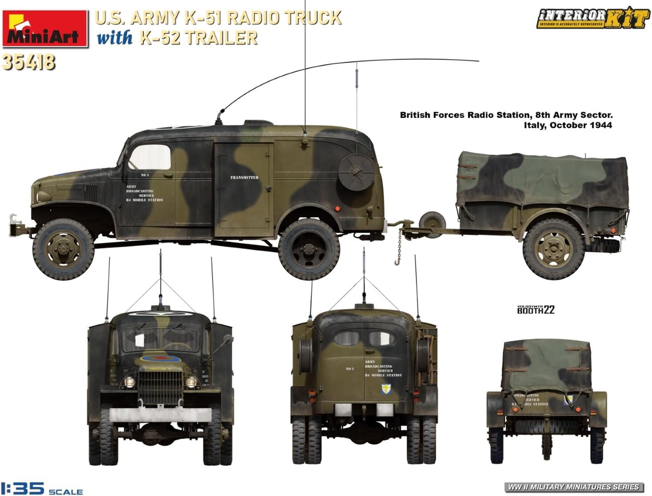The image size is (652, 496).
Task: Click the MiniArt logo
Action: point(44,29)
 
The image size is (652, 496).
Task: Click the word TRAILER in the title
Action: point(221,37)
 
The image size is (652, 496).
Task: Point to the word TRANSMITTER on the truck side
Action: point(244,178)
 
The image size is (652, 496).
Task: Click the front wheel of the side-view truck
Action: point(63,249)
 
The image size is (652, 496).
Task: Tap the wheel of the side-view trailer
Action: point(553,249)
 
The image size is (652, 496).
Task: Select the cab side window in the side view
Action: point(150,157)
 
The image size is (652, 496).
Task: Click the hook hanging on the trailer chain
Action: point(397,261)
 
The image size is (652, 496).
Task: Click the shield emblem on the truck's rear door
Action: point(385,389)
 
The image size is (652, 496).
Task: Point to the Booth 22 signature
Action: point(536,310)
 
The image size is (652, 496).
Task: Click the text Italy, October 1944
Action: point(568,125)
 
